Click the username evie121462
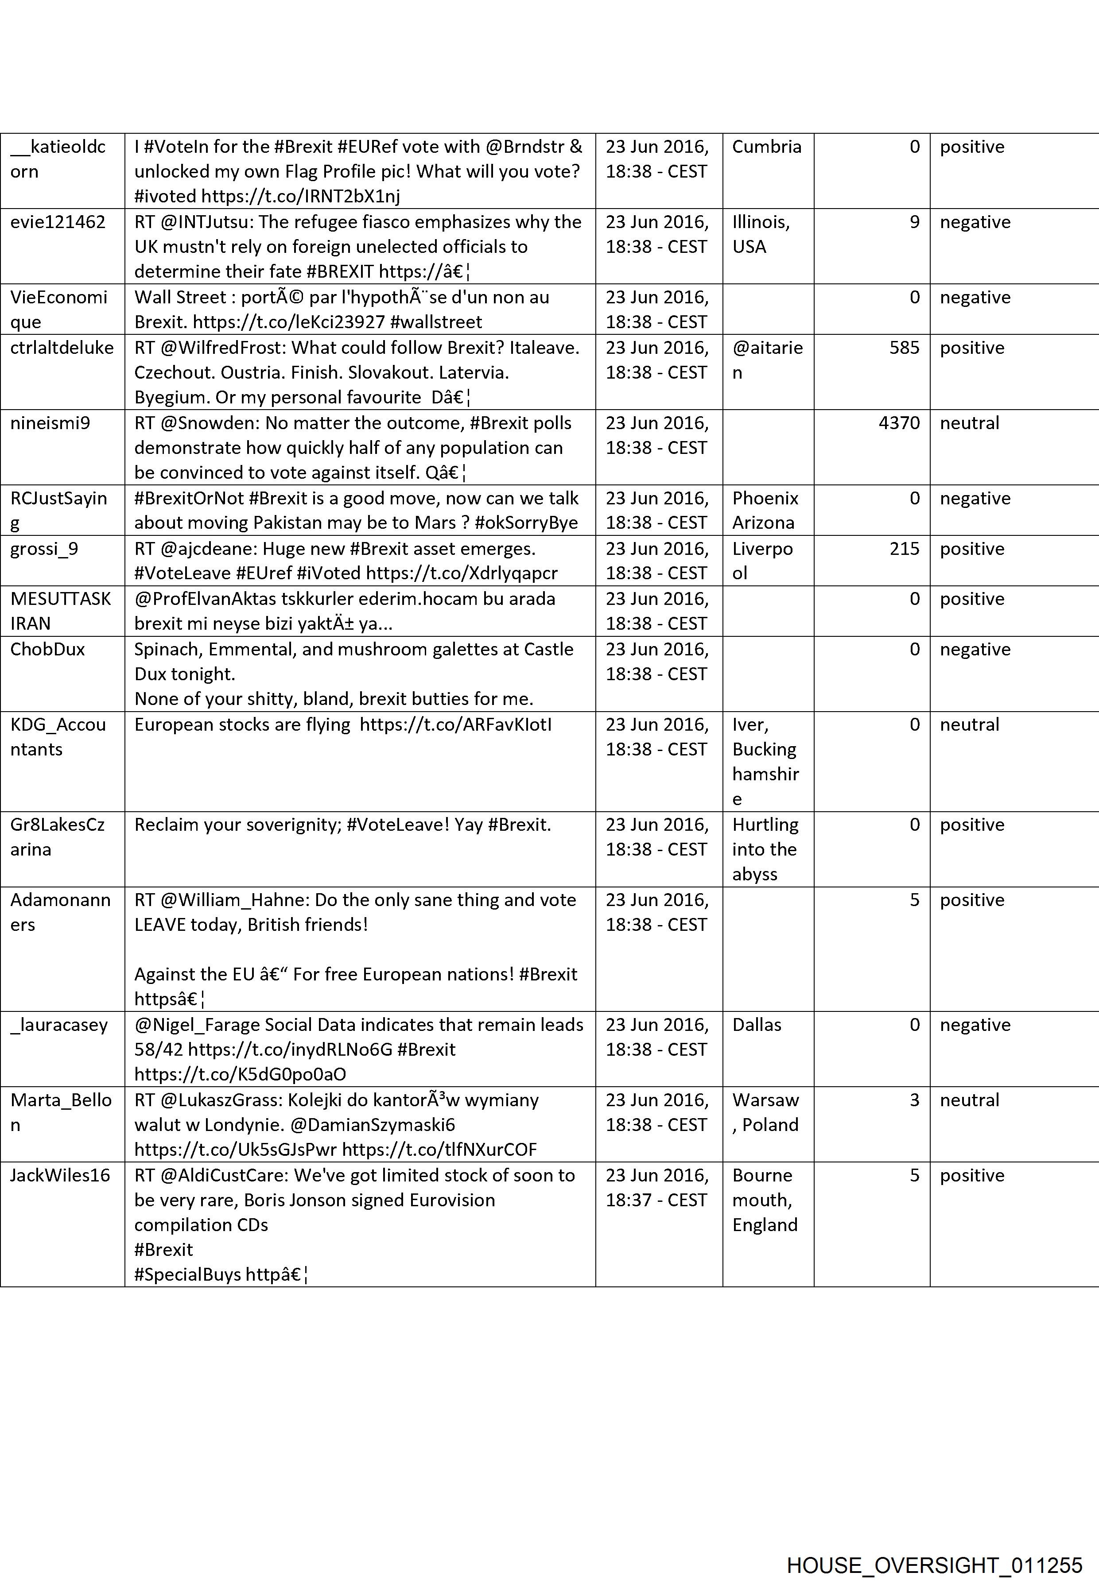pyautogui.click(x=58, y=222)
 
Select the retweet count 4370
pyautogui.click(x=899, y=422)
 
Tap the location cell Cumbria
pyautogui.click(x=766, y=147)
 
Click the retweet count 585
pyautogui.click(x=904, y=348)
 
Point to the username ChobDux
pyautogui.click(x=47, y=649)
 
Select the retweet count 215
pyautogui.click(x=904, y=549)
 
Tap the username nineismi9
pyautogui.click(x=50, y=422)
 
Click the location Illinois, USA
pyautogui.click(x=761, y=234)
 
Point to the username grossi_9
pyautogui.click(x=44, y=549)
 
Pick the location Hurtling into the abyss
pyautogui.click(x=765, y=849)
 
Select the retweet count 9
pyautogui.click(x=914, y=222)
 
